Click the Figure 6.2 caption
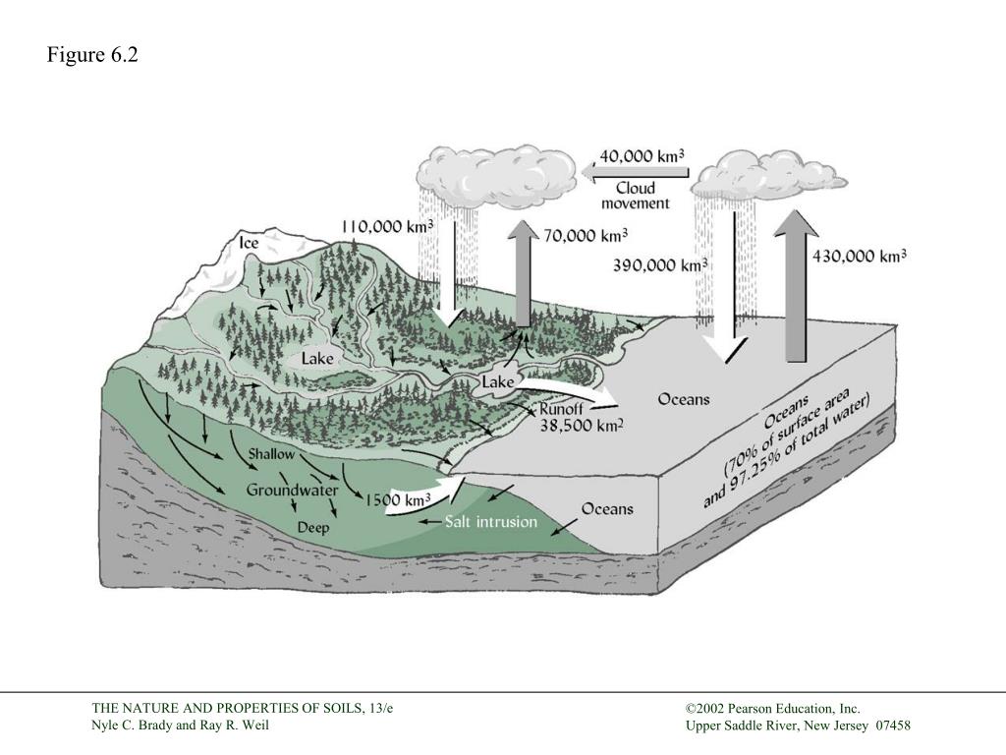(92, 55)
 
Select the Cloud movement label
(635, 196)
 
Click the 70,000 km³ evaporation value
(585, 236)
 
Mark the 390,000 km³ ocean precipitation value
(660, 265)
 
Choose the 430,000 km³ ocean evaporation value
(860, 257)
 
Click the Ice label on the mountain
(250, 242)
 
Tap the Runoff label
(561, 409)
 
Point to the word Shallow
(271, 454)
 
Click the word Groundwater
(293, 490)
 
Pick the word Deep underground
(313, 528)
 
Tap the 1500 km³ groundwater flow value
(398, 500)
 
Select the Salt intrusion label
(491, 521)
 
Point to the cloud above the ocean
(767, 175)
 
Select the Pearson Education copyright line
(773, 708)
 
